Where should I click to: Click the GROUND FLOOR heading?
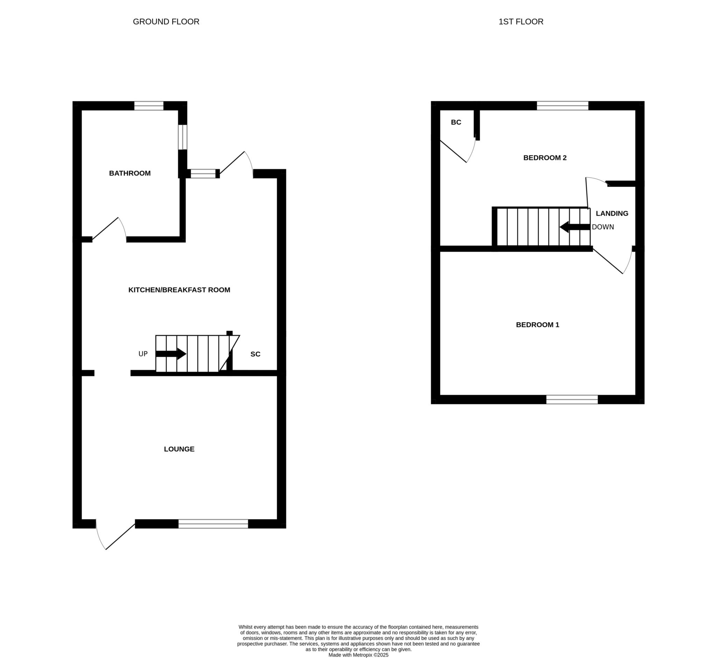click(x=166, y=22)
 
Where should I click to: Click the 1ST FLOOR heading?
click(x=521, y=22)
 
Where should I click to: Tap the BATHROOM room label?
click(x=130, y=173)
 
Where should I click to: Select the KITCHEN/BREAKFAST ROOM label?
click(x=179, y=290)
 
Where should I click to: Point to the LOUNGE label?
click(x=179, y=449)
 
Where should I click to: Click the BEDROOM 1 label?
click(x=537, y=325)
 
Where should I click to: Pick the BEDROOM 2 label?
click(x=545, y=158)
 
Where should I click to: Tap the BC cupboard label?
click(x=456, y=122)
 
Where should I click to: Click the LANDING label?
click(x=612, y=213)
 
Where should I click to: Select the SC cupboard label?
click(x=255, y=354)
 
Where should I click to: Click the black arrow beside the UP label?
click(x=171, y=354)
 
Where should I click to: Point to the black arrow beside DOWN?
click(x=575, y=227)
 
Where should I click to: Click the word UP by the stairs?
click(x=143, y=354)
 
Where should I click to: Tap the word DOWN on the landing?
click(x=603, y=227)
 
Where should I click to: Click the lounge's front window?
click(x=213, y=524)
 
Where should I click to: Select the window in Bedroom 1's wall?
click(x=572, y=399)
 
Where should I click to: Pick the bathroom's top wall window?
click(x=149, y=106)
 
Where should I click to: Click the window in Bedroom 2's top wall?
click(x=563, y=106)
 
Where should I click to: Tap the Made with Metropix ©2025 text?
click(x=358, y=655)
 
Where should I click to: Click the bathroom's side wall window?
click(x=183, y=137)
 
